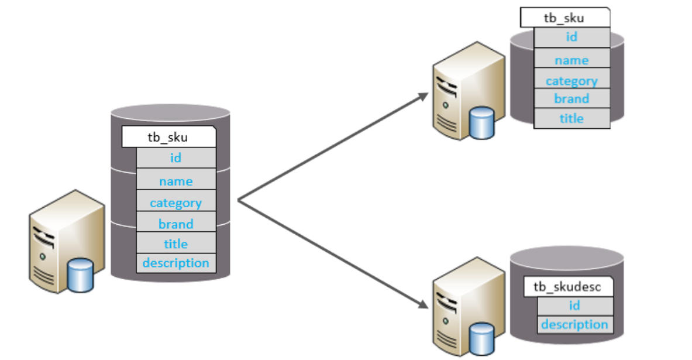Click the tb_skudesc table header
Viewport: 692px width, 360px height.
tap(567, 287)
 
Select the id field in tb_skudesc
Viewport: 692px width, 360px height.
tap(574, 306)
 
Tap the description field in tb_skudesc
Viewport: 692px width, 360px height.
tap(574, 324)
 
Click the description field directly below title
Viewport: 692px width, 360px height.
tap(175, 263)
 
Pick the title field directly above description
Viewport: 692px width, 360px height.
tap(175, 244)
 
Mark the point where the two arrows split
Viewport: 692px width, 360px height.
tap(239, 201)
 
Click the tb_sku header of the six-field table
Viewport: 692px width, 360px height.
tap(168, 138)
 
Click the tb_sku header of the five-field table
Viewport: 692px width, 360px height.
tap(564, 18)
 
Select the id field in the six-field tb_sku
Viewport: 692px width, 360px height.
tap(175, 158)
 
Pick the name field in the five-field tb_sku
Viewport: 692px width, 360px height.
tap(571, 60)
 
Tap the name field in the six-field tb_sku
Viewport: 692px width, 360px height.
tap(175, 181)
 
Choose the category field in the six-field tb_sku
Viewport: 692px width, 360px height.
tap(175, 203)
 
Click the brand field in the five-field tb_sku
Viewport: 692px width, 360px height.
tap(571, 99)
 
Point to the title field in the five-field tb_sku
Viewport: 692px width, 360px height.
tap(571, 118)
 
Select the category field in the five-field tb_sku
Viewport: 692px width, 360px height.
tap(571, 81)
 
